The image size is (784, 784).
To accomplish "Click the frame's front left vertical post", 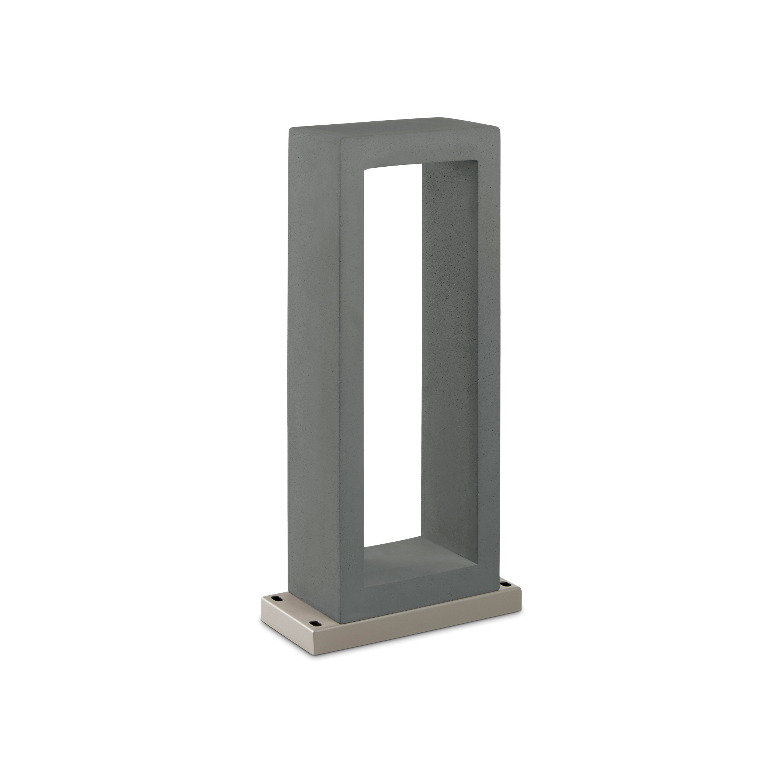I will [351, 365].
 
